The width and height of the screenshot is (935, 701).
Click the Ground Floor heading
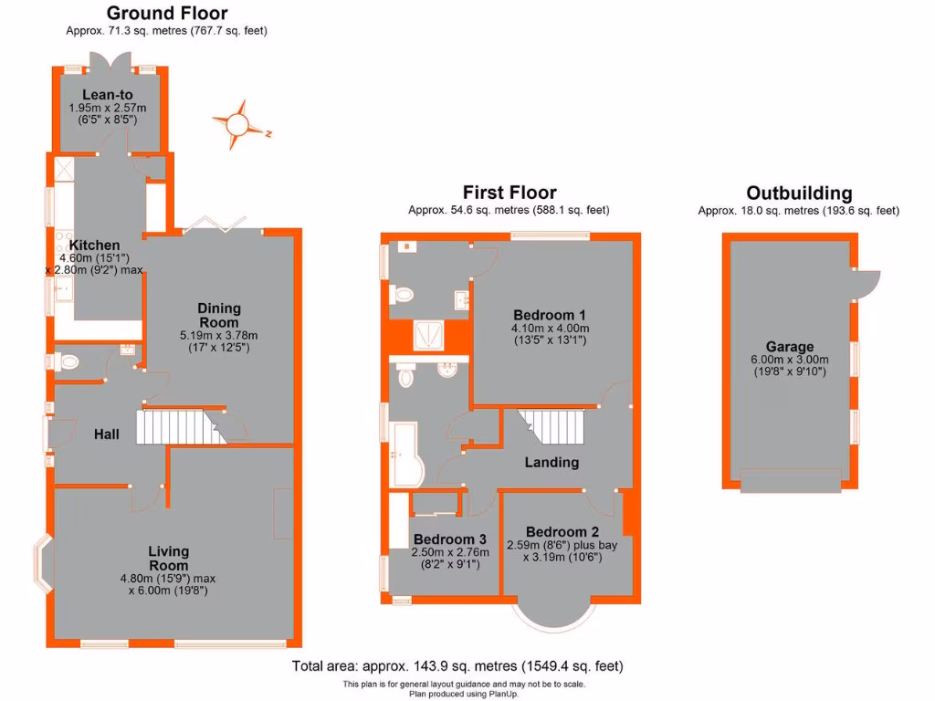point(167,14)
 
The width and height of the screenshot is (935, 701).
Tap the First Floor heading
point(509,193)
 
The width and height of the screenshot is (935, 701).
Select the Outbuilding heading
point(799,194)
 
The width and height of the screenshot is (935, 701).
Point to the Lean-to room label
point(108,94)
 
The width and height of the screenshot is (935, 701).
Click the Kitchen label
point(95,246)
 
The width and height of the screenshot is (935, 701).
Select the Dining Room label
point(219,315)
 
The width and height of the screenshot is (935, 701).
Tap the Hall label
point(107,434)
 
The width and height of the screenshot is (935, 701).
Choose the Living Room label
point(169,558)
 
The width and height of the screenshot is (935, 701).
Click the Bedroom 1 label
point(550,315)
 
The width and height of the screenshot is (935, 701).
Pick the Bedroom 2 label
point(562,532)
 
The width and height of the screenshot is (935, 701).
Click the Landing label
point(552,463)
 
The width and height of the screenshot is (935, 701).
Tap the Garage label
point(790,347)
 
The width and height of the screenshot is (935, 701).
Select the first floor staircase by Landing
point(552,424)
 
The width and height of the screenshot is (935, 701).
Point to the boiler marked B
point(404,246)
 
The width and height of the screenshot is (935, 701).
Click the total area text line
point(457,666)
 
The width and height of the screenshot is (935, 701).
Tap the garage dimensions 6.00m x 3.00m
point(790,360)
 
